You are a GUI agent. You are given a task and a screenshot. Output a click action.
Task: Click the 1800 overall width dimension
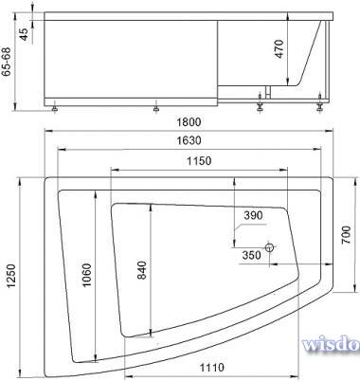click(x=189, y=122)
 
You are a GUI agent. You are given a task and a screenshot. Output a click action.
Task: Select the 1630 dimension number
click(x=189, y=140)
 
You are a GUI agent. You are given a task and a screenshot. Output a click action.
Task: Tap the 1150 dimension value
click(x=199, y=161)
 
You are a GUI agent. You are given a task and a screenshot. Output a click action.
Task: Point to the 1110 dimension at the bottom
click(x=212, y=367)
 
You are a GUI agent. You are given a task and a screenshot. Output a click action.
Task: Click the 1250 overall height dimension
click(x=11, y=277)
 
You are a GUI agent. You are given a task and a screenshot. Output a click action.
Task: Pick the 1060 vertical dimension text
click(x=86, y=275)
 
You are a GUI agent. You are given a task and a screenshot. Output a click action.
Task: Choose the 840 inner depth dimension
click(x=142, y=270)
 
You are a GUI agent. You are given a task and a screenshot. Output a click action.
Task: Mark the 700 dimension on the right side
click(x=346, y=234)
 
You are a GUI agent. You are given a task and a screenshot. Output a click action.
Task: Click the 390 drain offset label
click(x=253, y=215)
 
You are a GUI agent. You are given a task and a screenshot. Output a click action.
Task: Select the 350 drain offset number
click(x=252, y=255)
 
